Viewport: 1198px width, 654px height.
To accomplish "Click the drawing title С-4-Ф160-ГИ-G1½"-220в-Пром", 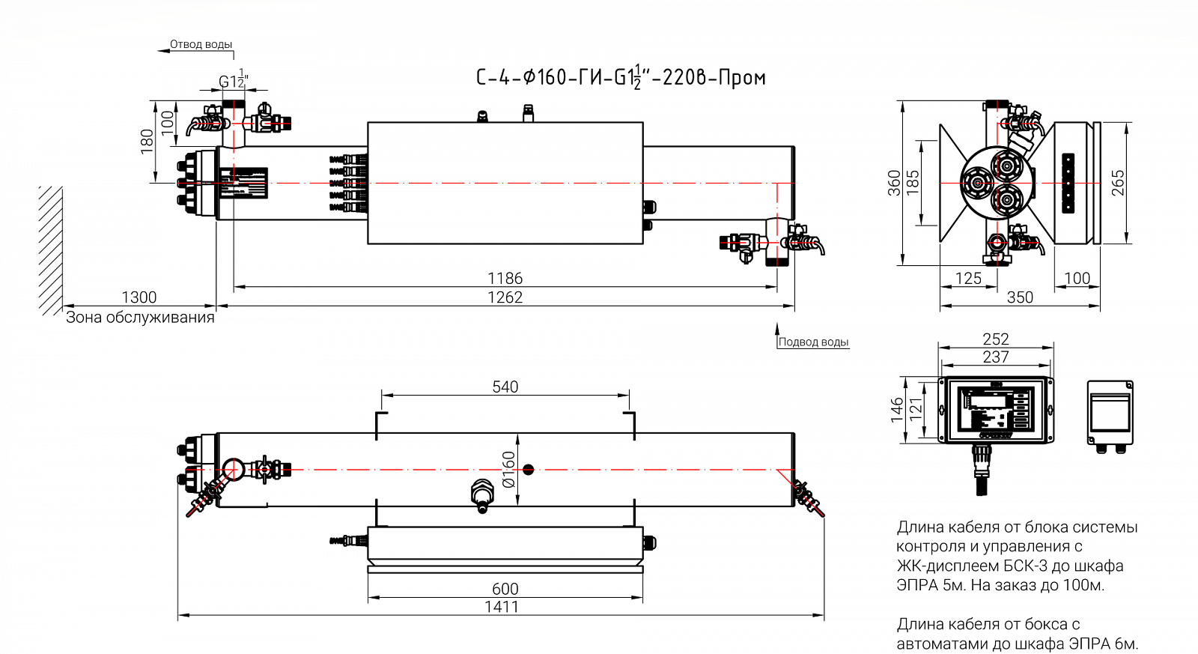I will pyautogui.click(x=621, y=77).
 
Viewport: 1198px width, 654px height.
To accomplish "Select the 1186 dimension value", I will pyautogui.click(x=505, y=279).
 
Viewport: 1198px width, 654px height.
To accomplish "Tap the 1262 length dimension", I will pyautogui.click(x=505, y=297).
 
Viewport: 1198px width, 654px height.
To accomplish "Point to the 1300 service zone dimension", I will pyautogui.click(x=139, y=297).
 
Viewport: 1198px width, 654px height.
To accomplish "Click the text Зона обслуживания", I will pyautogui.click(x=140, y=318).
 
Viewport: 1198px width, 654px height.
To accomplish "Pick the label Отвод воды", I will pyautogui.click(x=201, y=44).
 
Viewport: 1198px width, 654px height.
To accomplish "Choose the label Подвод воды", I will pyautogui.click(x=813, y=342).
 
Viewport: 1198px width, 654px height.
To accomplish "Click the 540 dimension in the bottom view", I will pyautogui.click(x=505, y=387).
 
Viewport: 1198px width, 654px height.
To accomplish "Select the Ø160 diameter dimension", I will pyautogui.click(x=509, y=470).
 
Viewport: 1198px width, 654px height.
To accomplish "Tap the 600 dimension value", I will pyautogui.click(x=505, y=589).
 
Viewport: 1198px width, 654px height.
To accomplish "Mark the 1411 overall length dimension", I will pyautogui.click(x=501, y=607).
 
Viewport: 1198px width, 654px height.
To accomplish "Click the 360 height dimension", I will pyautogui.click(x=894, y=184).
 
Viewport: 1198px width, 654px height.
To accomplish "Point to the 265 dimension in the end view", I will pyautogui.click(x=1117, y=184).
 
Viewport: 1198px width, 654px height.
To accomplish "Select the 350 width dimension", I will pyautogui.click(x=1020, y=297).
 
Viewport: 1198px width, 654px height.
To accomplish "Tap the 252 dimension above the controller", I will pyautogui.click(x=996, y=339).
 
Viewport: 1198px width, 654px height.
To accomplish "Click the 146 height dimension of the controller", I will pyautogui.click(x=897, y=410).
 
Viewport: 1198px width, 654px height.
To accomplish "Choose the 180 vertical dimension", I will pyautogui.click(x=147, y=141).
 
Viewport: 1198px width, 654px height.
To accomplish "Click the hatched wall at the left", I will pyautogui.click(x=51, y=250).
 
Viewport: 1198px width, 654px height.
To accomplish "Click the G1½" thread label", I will pyautogui.click(x=233, y=80).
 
